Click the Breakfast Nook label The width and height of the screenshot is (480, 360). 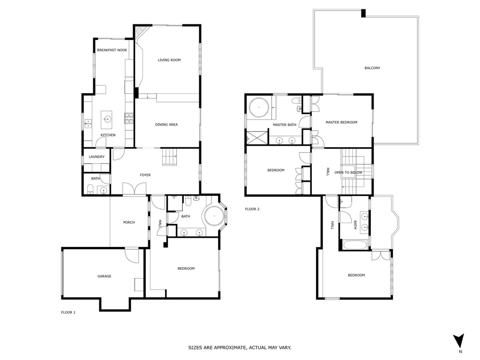(112, 50)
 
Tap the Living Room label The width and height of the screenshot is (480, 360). (169, 60)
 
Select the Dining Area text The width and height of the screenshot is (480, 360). (166, 125)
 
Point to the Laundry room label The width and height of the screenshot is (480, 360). (97, 157)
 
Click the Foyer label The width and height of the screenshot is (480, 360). (145, 175)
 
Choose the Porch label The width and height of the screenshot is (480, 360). (129, 223)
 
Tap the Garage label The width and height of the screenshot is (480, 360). (105, 276)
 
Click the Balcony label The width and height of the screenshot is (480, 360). (372, 68)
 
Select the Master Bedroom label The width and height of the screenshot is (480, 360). (341, 122)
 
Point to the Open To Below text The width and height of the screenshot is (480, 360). (348, 172)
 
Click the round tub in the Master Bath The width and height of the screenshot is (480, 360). (259, 108)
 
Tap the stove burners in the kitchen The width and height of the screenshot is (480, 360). (129, 118)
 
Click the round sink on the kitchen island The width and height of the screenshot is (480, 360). (107, 118)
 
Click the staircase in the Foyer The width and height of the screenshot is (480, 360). (170, 157)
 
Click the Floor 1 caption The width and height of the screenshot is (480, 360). (68, 313)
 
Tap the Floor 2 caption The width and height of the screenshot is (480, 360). (252, 210)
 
